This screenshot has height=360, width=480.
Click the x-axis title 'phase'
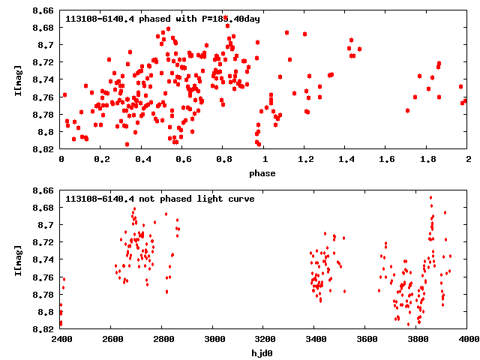click(x=264, y=174)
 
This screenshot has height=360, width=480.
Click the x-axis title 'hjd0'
click(x=264, y=354)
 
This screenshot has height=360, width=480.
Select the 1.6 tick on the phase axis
click(x=386, y=160)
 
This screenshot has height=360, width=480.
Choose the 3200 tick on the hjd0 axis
click(x=264, y=340)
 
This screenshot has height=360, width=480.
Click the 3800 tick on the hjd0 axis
click(x=417, y=340)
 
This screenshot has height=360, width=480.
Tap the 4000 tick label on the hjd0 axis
click(x=468, y=340)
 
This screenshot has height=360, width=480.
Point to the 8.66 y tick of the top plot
click(x=43, y=11)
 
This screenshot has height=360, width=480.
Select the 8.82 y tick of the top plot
click(x=43, y=149)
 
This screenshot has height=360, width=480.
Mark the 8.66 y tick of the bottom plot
click(x=43, y=191)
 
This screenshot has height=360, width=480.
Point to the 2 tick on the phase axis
click(x=468, y=160)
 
